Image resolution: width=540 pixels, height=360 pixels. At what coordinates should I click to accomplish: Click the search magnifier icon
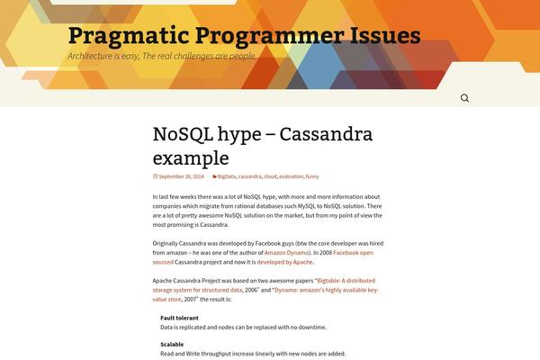(x=464, y=98)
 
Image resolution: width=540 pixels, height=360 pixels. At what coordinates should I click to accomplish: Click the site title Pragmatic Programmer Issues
(x=245, y=35)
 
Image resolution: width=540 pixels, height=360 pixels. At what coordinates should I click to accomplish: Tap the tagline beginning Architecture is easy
(x=162, y=56)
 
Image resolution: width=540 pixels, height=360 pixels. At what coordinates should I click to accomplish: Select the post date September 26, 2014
(x=181, y=176)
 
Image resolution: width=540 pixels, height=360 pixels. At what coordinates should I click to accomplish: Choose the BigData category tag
(x=227, y=176)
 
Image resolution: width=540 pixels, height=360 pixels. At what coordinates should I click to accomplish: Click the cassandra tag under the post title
(x=249, y=176)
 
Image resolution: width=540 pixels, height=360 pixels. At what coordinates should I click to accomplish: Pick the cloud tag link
(x=270, y=176)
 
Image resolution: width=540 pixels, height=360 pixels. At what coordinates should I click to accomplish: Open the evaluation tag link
(x=291, y=176)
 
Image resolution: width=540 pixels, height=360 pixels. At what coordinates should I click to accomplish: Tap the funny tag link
(x=312, y=176)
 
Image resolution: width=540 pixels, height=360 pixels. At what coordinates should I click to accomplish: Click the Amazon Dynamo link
(x=287, y=253)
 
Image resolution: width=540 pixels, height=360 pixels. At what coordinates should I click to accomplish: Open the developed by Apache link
(x=285, y=262)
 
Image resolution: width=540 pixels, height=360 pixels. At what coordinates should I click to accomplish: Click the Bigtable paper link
(x=264, y=285)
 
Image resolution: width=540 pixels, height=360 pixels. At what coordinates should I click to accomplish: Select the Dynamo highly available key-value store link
(x=265, y=294)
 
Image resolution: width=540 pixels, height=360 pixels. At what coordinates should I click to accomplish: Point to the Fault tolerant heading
(x=179, y=318)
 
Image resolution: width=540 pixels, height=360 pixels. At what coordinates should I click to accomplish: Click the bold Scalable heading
(x=172, y=344)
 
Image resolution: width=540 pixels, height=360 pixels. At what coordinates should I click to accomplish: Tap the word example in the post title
(x=191, y=158)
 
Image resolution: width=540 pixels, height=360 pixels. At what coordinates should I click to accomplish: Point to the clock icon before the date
(x=156, y=176)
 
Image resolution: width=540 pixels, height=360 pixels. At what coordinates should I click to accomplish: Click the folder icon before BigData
(x=214, y=176)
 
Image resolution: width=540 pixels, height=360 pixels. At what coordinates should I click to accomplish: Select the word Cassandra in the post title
(x=326, y=134)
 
